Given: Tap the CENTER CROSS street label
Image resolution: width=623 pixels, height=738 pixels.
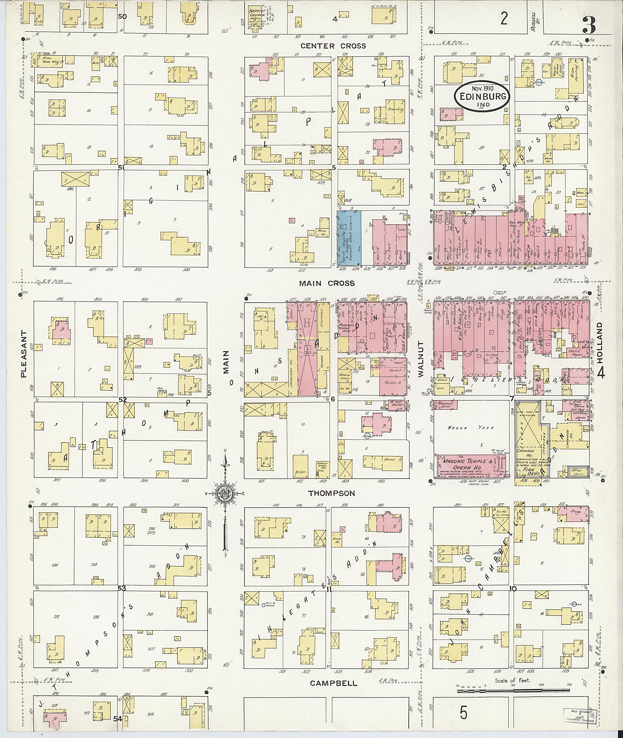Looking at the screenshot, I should tap(333, 46).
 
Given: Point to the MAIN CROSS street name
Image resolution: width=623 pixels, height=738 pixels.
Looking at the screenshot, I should tap(327, 283).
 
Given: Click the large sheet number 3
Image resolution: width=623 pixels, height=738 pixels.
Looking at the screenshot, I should tap(587, 25).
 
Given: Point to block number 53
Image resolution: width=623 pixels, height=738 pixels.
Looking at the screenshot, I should tap(122, 588).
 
